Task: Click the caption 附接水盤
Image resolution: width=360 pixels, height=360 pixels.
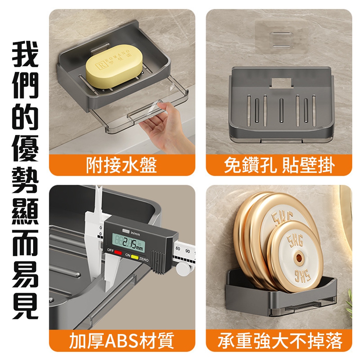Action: (121, 165)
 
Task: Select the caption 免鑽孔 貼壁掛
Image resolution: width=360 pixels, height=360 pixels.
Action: (279, 165)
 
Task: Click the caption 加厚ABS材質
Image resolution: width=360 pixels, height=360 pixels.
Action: (121, 340)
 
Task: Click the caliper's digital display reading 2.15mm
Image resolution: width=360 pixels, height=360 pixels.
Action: (129, 243)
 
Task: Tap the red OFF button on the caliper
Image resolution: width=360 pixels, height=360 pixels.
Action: (118, 253)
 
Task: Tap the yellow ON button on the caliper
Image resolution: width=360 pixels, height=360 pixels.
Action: (135, 257)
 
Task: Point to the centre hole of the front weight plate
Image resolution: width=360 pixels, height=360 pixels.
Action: (298, 257)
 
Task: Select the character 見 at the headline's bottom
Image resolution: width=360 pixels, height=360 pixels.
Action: (25, 306)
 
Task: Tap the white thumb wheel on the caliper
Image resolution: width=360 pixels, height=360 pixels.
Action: (183, 268)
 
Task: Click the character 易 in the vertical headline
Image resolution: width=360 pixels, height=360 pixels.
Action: (25, 274)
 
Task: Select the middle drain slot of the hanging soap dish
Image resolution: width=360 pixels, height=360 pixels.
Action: (282, 111)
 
